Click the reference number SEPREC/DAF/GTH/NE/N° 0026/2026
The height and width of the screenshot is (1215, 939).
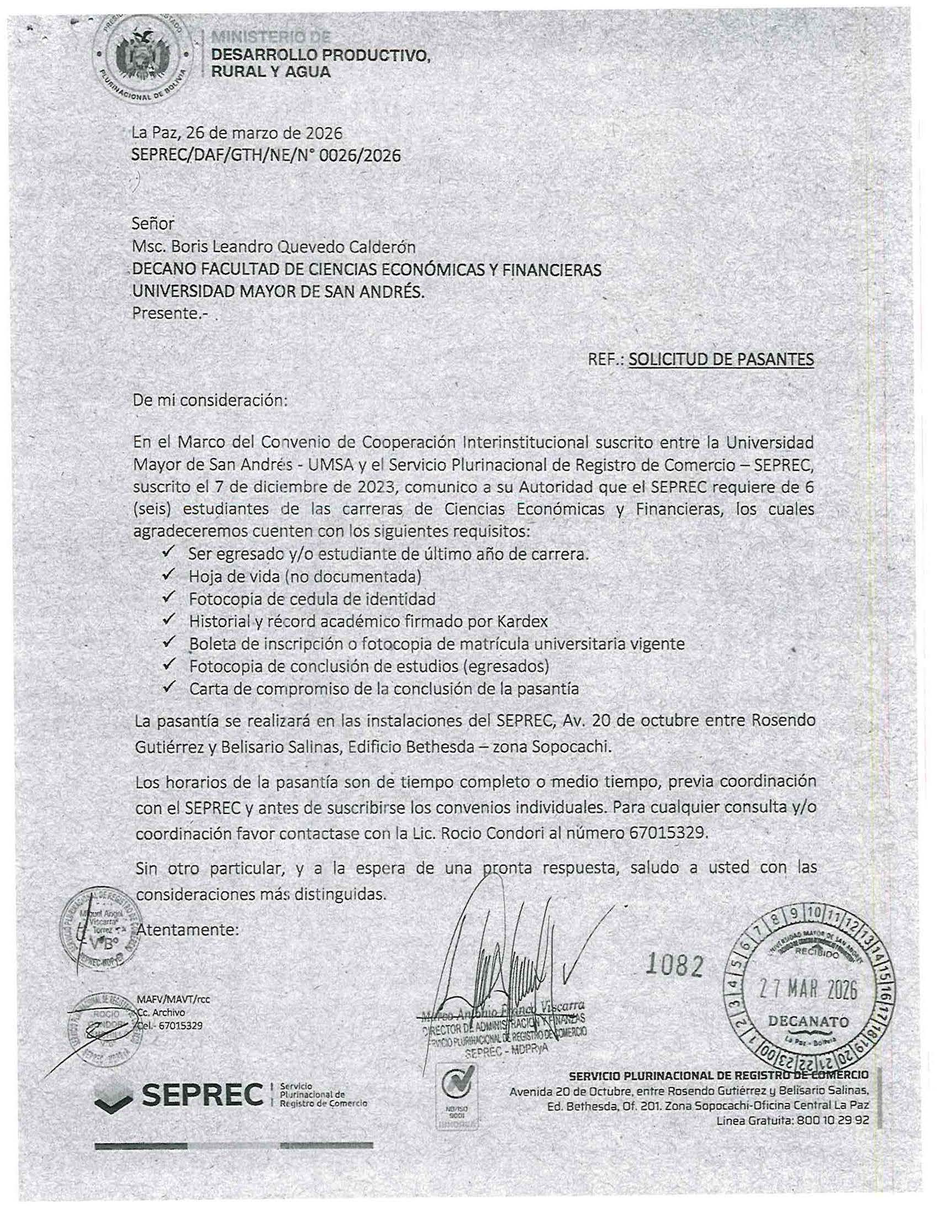click(265, 155)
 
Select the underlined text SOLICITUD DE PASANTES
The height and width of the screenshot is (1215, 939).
click(720, 360)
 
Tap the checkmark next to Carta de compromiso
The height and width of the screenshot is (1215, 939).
click(168, 688)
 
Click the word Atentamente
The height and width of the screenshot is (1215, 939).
click(187, 929)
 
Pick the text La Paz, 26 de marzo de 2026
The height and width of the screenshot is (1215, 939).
click(237, 133)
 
